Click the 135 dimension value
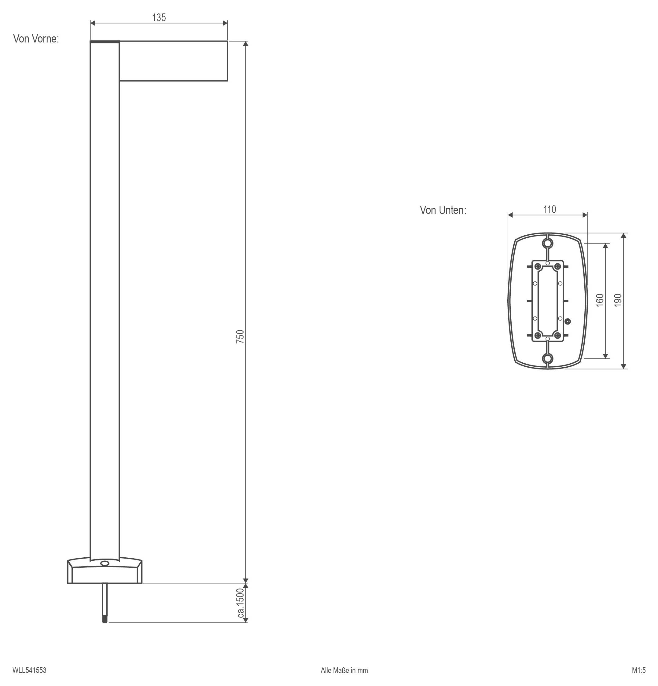tap(159, 17)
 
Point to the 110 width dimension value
tap(550, 209)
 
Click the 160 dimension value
tap(600, 300)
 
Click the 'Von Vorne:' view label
tap(36, 39)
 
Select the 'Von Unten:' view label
tap(443, 210)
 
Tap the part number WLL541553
tap(29, 670)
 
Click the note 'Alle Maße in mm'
tap(344, 670)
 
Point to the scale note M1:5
tap(639, 670)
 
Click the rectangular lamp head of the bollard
tap(174, 61)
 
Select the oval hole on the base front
tap(104, 563)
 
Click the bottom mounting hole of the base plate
tap(548, 358)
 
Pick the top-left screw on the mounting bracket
tap(538, 267)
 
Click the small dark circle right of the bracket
tap(568, 321)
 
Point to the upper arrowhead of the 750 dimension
tap(246, 44)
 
